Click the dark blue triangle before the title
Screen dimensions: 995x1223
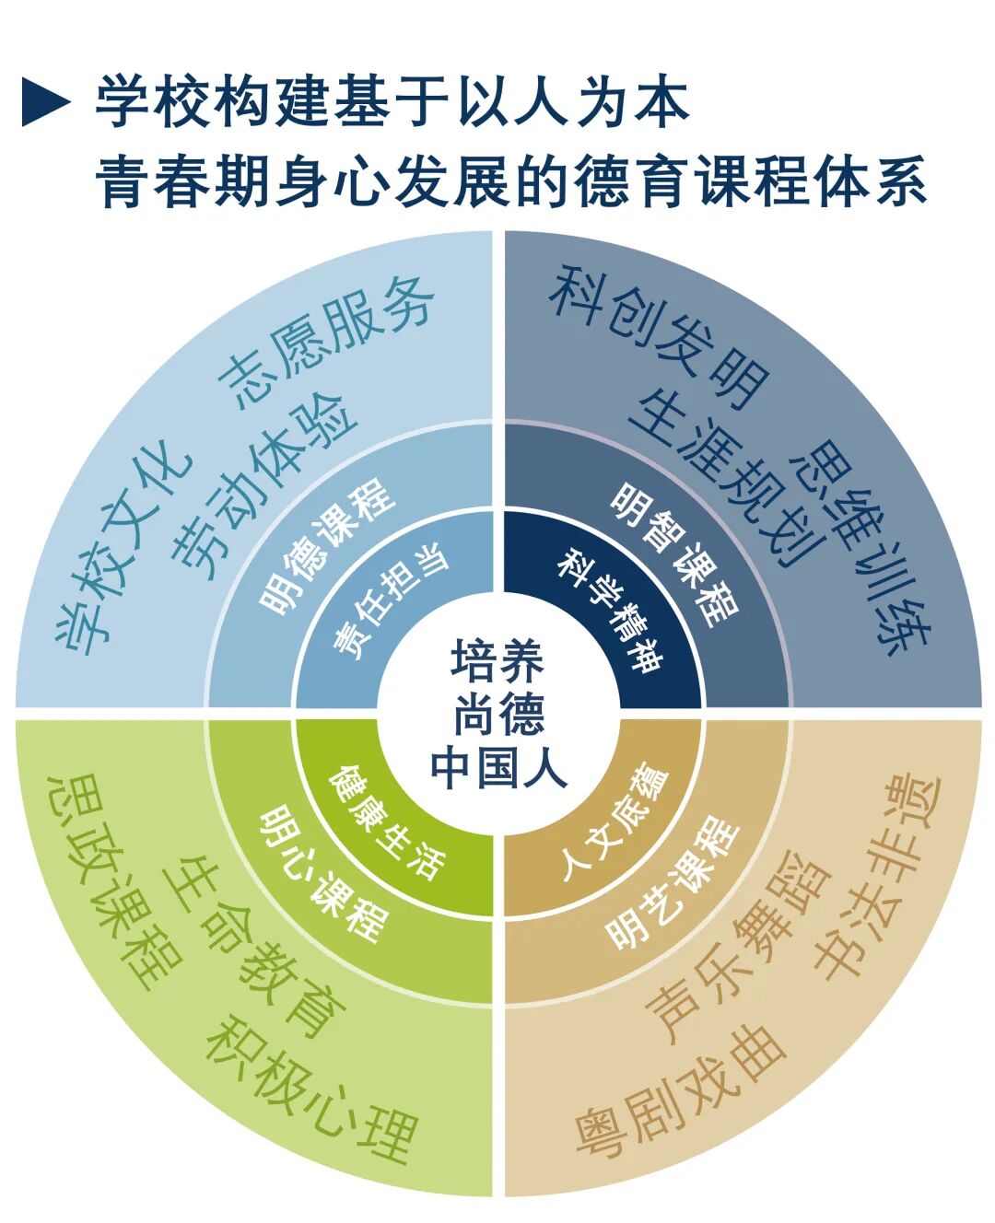[x=46, y=101]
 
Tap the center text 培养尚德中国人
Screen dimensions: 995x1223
[x=498, y=715]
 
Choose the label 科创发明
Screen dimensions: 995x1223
[x=660, y=338]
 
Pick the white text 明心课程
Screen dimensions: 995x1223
[x=322, y=874]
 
